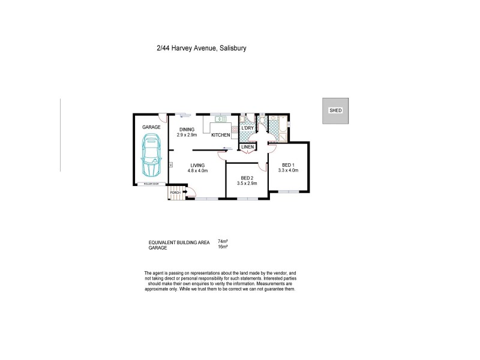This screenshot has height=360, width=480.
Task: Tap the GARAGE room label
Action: click(151, 128)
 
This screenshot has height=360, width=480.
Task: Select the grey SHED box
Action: click(335, 111)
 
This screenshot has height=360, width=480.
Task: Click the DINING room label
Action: click(187, 130)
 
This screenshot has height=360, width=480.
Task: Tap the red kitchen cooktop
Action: click(235, 128)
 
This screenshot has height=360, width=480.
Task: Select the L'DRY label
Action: click(248, 128)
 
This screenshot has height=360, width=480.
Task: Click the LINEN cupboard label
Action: click(248, 146)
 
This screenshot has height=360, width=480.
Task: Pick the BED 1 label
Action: click(288, 164)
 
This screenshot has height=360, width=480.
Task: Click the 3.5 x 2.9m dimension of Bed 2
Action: click(247, 184)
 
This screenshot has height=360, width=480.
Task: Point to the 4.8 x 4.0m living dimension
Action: click(197, 171)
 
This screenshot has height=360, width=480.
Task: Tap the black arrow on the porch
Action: click(185, 192)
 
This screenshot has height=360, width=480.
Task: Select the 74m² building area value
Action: click(221, 241)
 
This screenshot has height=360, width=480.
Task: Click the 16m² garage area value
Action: click(221, 247)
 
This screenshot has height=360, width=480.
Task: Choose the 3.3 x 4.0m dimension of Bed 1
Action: click(288, 170)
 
